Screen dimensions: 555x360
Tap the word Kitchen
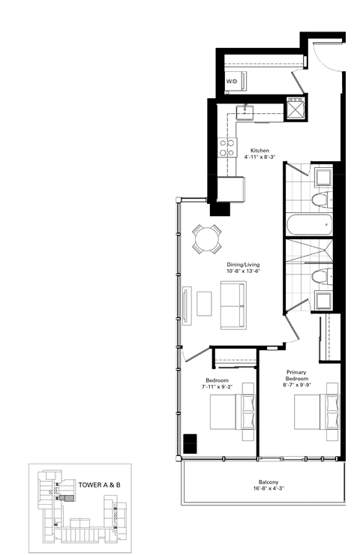[260, 150]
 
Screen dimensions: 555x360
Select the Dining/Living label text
[244, 265]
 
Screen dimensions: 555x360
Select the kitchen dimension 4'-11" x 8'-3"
[260, 157]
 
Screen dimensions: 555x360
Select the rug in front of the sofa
[204, 302]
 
